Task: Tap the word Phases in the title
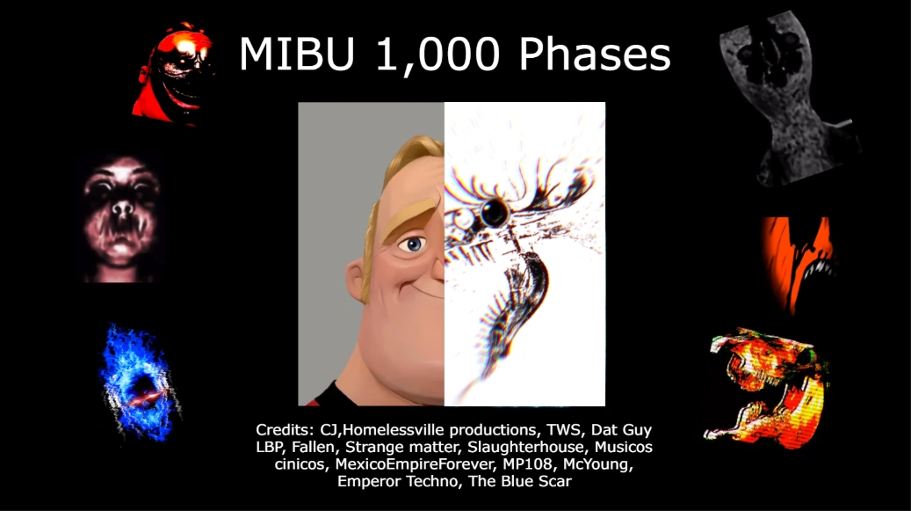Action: point(595,55)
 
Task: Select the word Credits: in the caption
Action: point(284,430)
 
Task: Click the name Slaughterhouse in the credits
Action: point(503,447)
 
